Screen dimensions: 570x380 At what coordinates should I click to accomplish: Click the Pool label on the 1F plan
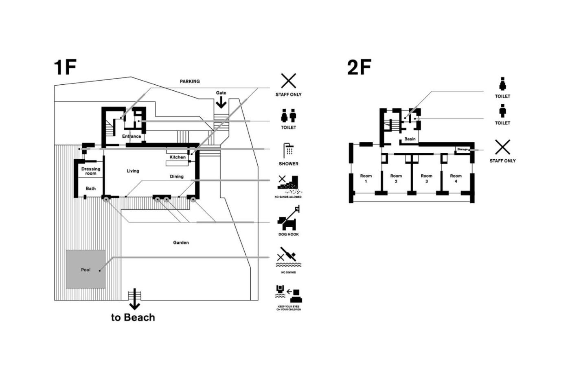pyautogui.click(x=85, y=270)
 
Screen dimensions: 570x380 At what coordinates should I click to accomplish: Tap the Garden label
pyautogui.click(x=181, y=243)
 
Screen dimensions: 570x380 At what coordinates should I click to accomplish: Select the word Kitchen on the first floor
pyautogui.click(x=178, y=157)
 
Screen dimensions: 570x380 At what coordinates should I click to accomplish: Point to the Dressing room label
pyautogui.click(x=91, y=171)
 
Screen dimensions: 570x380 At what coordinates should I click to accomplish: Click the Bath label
pyautogui.click(x=90, y=189)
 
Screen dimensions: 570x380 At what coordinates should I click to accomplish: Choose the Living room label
pyautogui.click(x=133, y=171)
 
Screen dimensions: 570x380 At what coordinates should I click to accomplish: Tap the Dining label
pyautogui.click(x=177, y=176)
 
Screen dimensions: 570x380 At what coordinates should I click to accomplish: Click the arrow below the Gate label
pyautogui.click(x=221, y=102)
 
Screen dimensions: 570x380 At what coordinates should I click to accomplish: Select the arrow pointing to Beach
pyautogui.click(x=134, y=299)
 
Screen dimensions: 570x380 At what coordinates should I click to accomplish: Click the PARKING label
pyautogui.click(x=190, y=81)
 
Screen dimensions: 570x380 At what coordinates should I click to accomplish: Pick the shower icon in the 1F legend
pyautogui.click(x=289, y=150)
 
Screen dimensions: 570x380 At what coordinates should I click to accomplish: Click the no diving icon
pyautogui.click(x=289, y=257)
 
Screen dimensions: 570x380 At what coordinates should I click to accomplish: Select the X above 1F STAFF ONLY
pyautogui.click(x=288, y=81)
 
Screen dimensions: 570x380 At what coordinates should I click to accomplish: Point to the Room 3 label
pyautogui.click(x=427, y=178)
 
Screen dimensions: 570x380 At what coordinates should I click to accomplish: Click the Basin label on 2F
pyautogui.click(x=410, y=139)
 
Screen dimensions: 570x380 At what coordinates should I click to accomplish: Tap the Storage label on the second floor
pyautogui.click(x=463, y=149)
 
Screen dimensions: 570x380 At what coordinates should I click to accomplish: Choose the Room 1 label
pyautogui.click(x=366, y=178)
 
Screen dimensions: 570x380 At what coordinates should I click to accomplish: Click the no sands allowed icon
pyautogui.click(x=289, y=184)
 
